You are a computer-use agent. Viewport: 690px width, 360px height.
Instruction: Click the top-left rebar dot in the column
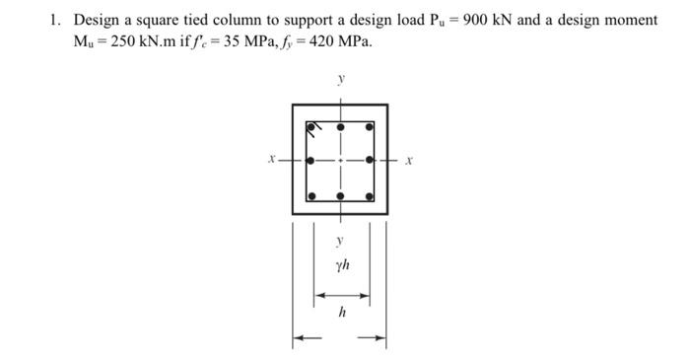pos(310,127)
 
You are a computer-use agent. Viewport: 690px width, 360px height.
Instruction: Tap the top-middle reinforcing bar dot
pos(340,127)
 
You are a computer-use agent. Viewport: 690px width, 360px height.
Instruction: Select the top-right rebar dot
pos(370,127)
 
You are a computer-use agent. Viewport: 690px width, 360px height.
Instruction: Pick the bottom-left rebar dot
pos(310,196)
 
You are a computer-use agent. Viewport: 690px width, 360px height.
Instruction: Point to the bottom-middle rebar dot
pos(340,196)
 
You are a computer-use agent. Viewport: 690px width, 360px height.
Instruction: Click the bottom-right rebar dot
pos(370,196)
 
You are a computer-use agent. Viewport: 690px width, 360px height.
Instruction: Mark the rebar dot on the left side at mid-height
pos(310,160)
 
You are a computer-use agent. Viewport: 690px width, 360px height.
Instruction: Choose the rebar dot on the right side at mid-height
pos(370,160)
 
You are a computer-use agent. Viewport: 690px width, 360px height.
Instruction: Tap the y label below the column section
pos(340,240)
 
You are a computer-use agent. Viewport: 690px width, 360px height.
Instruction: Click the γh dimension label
pos(341,265)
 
